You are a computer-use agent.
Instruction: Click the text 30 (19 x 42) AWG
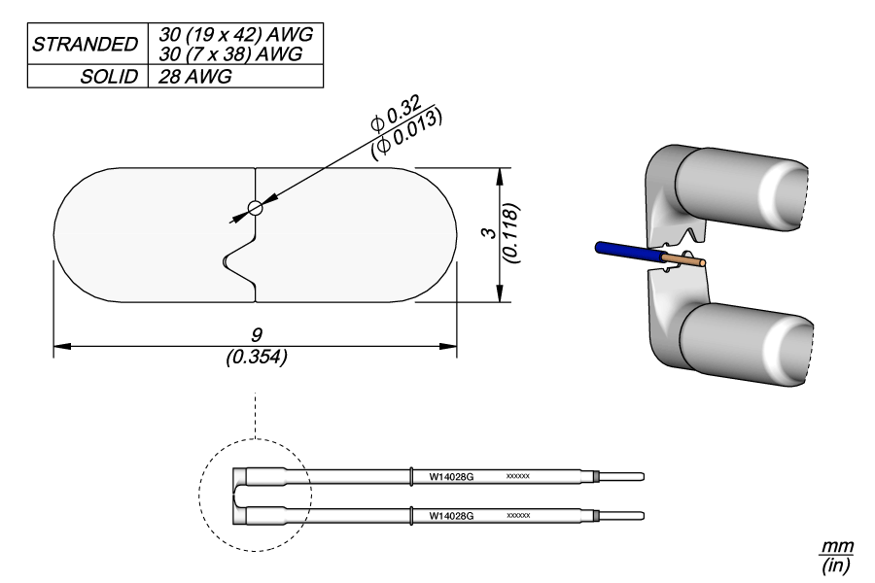click(231, 33)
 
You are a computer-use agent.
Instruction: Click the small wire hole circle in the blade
click(255, 208)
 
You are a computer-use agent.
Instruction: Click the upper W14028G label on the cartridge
click(451, 478)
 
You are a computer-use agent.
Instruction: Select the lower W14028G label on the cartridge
click(451, 516)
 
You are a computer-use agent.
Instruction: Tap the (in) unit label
click(834, 564)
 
